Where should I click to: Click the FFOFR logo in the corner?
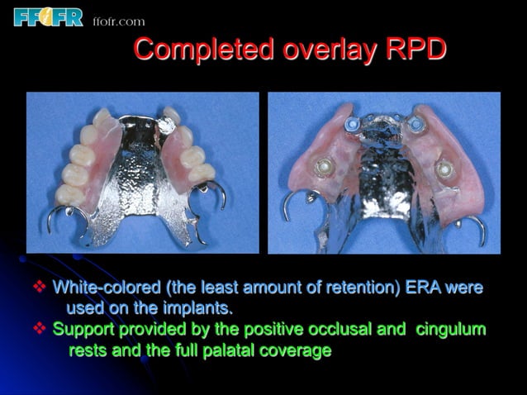[x=48, y=17]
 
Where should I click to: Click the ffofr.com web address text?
[x=119, y=21]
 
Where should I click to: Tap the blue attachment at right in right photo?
[x=416, y=125]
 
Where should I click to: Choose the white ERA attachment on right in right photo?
[x=445, y=169]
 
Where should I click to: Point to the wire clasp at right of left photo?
[x=211, y=194]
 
